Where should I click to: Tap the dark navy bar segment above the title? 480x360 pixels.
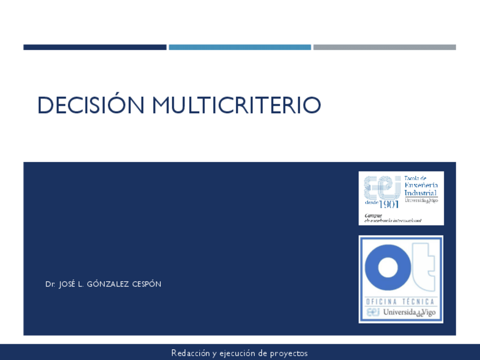click(95, 48)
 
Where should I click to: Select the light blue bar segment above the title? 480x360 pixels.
click(239, 48)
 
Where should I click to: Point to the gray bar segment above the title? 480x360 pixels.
click(384, 48)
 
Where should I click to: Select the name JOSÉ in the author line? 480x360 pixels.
click(67, 284)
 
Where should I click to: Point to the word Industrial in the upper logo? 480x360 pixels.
click(420, 193)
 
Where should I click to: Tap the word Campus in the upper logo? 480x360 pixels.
click(373, 215)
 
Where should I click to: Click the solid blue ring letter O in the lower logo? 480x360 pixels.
click(388, 268)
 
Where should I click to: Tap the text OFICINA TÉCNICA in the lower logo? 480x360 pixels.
click(401, 302)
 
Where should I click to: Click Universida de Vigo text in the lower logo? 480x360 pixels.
click(409, 312)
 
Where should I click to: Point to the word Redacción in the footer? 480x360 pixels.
click(191, 353)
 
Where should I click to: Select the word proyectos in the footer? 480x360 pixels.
click(289, 353)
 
